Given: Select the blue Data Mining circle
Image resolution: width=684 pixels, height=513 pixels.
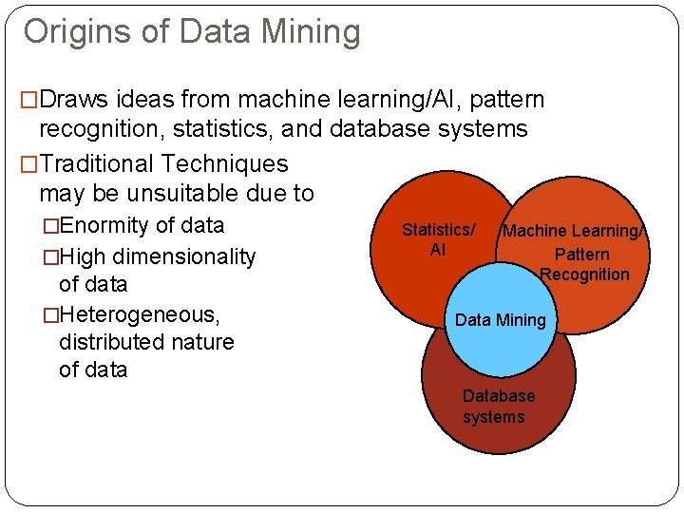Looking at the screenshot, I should pyautogui.click(x=500, y=320).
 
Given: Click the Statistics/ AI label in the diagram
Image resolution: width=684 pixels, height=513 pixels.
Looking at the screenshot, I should pyautogui.click(x=438, y=239).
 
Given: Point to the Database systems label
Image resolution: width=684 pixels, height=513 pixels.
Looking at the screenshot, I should pyautogui.click(x=498, y=407).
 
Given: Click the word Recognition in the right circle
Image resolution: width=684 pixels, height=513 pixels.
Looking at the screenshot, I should pyautogui.click(x=584, y=275).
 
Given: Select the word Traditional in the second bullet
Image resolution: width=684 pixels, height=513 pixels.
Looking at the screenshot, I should pyautogui.click(x=98, y=164).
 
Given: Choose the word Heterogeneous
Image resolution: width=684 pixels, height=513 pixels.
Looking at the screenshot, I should pyautogui.click(x=139, y=313).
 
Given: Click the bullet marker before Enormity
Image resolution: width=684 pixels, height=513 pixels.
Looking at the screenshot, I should pyautogui.click(x=50, y=226).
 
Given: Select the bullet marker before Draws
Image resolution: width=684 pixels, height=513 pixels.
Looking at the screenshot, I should pyautogui.click(x=29, y=100).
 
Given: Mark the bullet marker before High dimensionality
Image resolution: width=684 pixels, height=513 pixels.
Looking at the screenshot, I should pyautogui.click(x=50, y=256).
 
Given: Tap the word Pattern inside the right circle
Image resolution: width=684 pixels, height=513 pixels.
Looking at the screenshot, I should pyautogui.click(x=581, y=254).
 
